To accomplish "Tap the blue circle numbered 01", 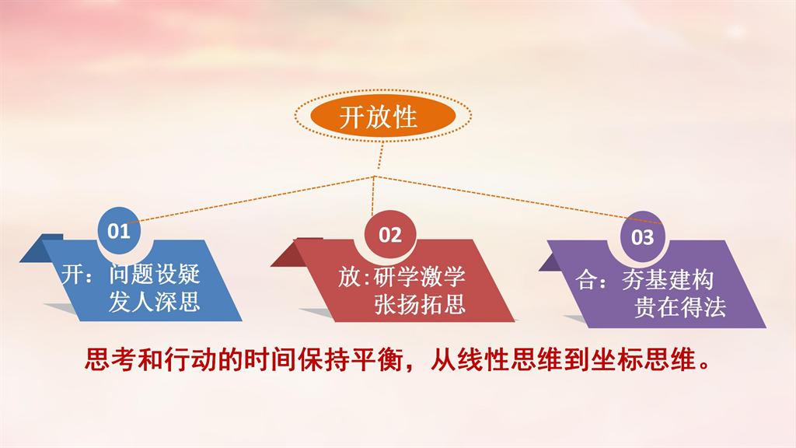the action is click(x=119, y=230).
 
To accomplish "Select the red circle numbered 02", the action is click(x=390, y=235).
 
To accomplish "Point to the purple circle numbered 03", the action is click(x=642, y=236).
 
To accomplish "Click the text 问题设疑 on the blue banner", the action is click(x=155, y=275).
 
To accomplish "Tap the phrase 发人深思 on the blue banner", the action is click(x=155, y=302).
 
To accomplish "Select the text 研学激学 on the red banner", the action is click(x=419, y=278).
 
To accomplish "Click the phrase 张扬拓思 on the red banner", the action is click(x=419, y=305).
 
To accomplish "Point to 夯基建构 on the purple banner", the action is click(x=668, y=280).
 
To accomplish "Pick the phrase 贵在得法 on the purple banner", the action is click(x=680, y=307).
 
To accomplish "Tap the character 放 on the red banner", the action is click(x=349, y=278).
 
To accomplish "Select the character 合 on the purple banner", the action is click(x=587, y=280).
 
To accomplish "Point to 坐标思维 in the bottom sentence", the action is click(x=642, y=360).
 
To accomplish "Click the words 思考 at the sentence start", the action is click(x=110, y=360).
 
